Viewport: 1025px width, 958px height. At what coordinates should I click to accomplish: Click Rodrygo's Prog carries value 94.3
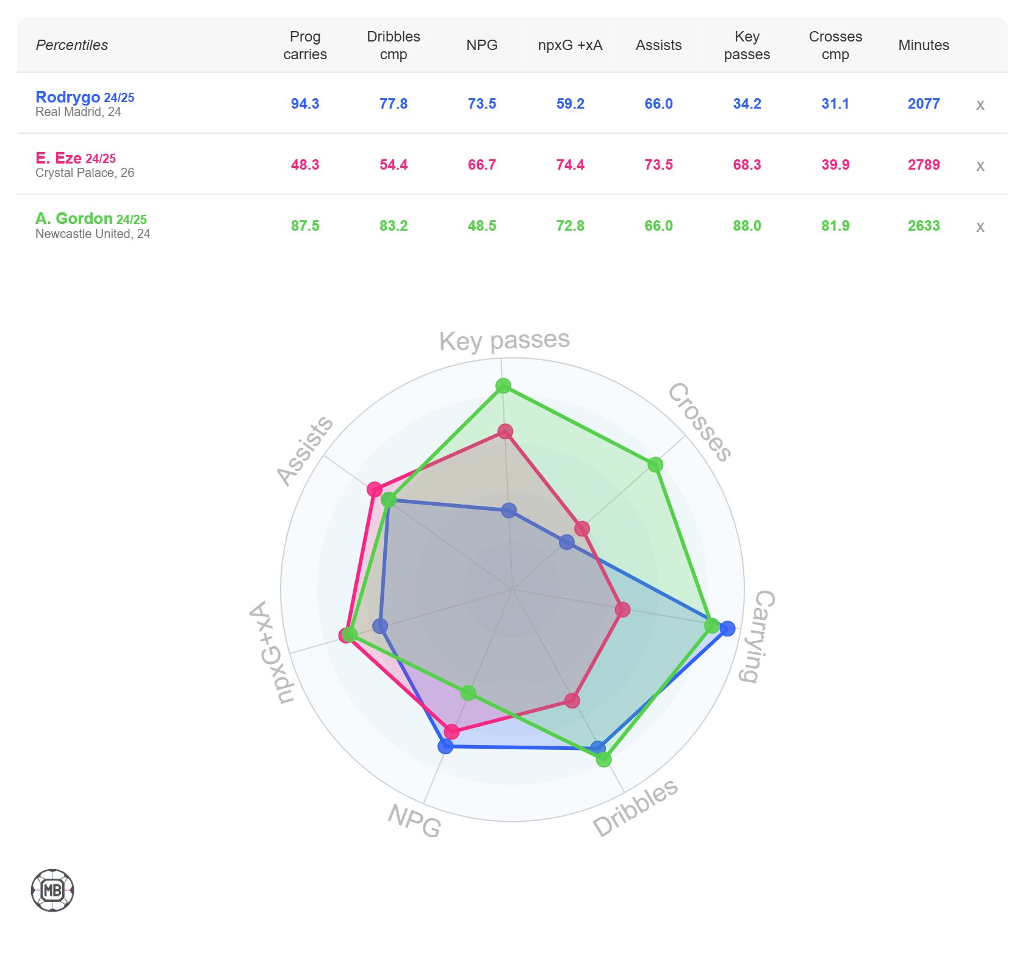(x=305, y=104)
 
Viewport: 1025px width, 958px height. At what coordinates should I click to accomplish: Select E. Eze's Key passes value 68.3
(x=747, y=165)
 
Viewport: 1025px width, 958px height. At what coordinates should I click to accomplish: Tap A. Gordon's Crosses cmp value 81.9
(x=835, y=226)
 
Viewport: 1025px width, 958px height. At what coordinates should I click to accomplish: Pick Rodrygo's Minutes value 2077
(x=924, y=104)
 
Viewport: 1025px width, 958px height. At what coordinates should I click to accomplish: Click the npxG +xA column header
(x=570, y=45)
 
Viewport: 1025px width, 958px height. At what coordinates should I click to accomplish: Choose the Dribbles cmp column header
(x=394, y=45)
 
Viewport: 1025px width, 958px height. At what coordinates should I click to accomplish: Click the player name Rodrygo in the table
(x=68, y=97)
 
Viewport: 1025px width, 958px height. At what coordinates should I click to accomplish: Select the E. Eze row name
(x=59, y=158)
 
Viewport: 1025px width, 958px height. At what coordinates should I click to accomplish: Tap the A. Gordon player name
(x=74, y=218)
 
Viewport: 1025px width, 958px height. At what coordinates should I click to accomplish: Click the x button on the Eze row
(x=980, y=165)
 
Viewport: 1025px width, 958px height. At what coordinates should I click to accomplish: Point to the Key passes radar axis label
(x=504, y=340)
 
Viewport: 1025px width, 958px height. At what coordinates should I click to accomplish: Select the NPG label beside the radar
(x=415, y=820)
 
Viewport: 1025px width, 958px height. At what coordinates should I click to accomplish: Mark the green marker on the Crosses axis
(x=655, y=465)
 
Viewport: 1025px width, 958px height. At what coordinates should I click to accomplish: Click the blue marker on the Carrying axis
(x=727, y=628)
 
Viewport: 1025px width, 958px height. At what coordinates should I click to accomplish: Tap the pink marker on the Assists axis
(x=375, y=489)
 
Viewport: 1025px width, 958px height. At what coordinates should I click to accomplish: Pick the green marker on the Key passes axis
(x=503, y=386)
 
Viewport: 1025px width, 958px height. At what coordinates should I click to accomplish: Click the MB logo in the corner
(x=52, y=890)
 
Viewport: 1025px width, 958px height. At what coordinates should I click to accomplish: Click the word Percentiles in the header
(x=72, y=45)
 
